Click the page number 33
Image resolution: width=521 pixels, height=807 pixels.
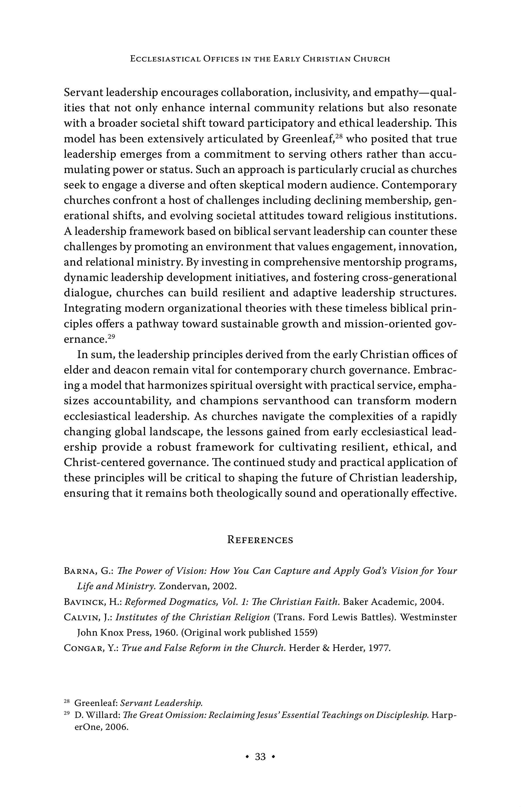click(260, 757)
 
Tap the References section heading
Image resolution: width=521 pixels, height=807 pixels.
click(260, 540)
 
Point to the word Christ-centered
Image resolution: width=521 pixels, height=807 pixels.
click(100, 463)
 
